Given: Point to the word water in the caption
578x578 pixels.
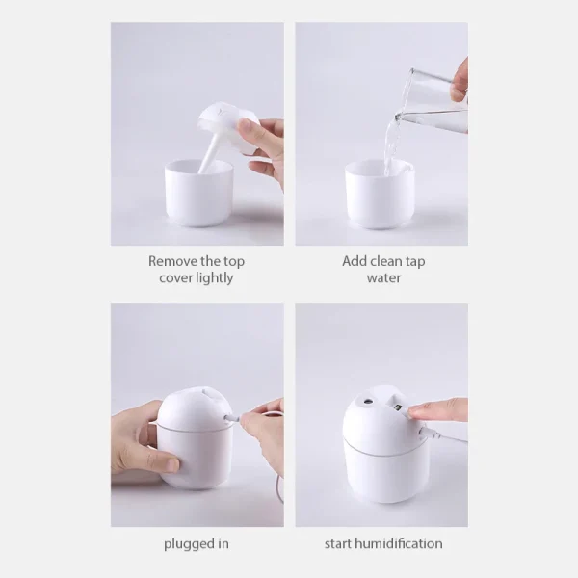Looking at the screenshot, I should tap(382, 278).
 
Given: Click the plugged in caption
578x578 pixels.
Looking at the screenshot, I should tap(197, 544).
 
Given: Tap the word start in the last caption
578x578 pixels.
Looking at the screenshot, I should tap(339, 544).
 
